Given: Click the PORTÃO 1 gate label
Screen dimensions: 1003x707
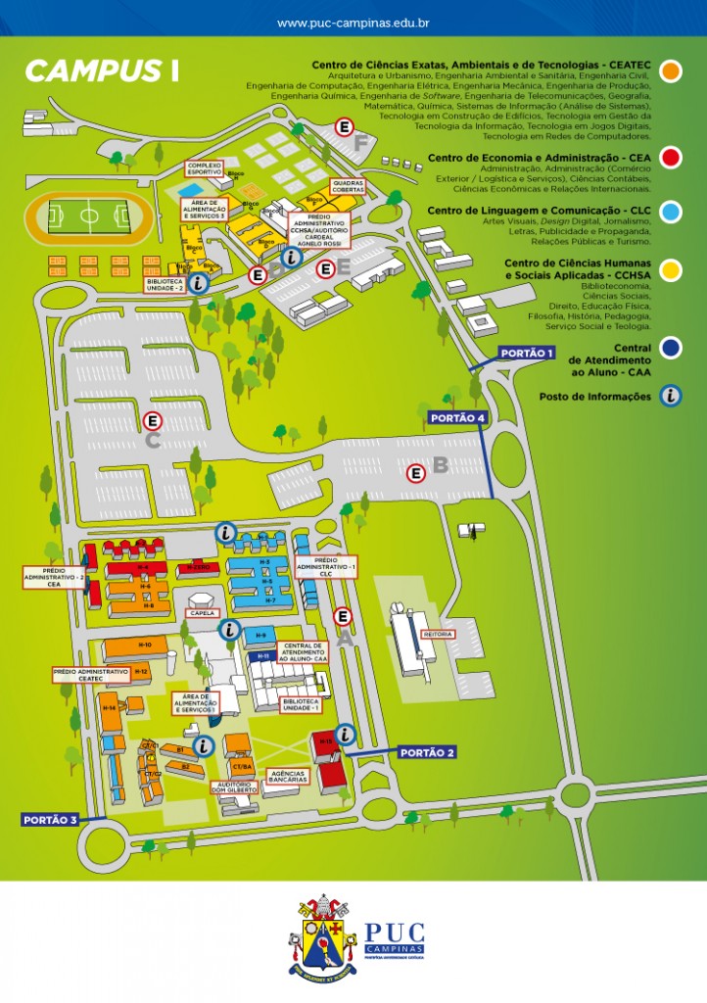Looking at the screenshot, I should [x=527, y=353].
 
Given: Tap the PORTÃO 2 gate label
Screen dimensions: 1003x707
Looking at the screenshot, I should [x=428, y=752].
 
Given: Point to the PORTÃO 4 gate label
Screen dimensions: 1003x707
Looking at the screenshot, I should [x=456, y=418].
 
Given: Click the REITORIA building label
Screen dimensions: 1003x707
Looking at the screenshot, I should [x=437, y=635].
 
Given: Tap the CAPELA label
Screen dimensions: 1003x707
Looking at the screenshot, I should [x=203, y=613].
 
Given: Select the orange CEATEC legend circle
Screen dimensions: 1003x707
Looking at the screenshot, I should [x=671, y=72].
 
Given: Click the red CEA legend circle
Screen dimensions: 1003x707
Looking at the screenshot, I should [x=671, y=158].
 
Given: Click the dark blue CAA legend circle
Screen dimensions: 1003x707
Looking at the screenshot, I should [x=671, y=348].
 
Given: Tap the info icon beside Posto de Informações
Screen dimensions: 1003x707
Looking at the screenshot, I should [x=671, y=396].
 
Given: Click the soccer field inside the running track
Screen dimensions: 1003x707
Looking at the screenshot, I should [x=88, y=215].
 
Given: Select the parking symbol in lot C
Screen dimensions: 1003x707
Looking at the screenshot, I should [x=152, y=420].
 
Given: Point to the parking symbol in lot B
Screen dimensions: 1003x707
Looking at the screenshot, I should [x=416, y=474].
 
